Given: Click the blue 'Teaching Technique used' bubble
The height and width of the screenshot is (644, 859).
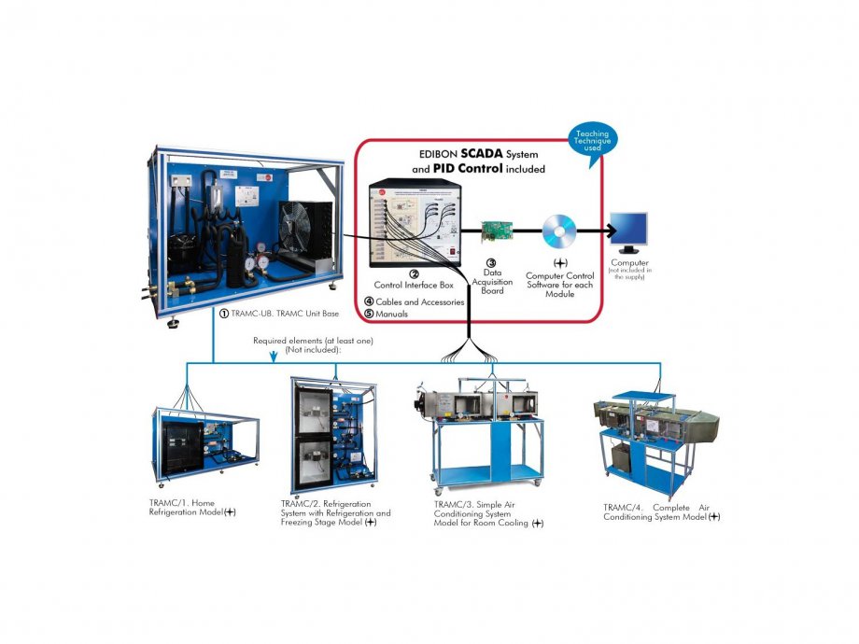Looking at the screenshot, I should tap(592, 142).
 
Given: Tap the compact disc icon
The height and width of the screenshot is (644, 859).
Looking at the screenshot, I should tap(558, 230).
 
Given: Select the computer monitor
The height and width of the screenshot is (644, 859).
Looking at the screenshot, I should tap(628, 231).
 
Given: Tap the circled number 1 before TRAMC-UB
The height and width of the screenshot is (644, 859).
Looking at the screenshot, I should tap(224, 314).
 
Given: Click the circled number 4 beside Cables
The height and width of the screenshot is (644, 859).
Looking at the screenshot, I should tap(369, 301).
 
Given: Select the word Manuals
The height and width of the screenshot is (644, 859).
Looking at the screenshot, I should tap(393, 314).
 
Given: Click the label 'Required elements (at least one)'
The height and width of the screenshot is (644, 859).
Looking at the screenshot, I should tap(313, 341).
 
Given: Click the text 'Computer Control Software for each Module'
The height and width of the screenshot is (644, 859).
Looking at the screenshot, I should tap(560, 283).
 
